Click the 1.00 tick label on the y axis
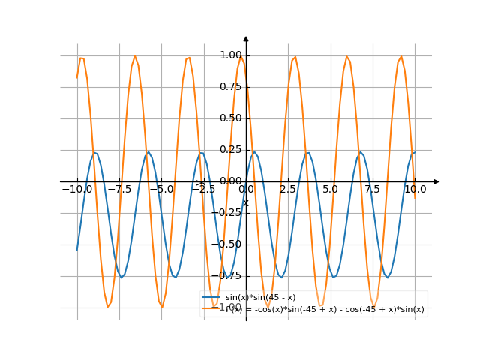coord(231,55)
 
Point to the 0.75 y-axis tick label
coord(231,86)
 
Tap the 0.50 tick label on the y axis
coord(231,118)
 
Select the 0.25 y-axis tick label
coord(231,149)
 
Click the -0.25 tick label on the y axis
coord(229,212)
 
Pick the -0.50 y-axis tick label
coord(229,244)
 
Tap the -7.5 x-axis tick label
coord(119,190)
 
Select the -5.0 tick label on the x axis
coord(161,190)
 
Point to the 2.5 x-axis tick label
coord(288,190)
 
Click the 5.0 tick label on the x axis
coord(330,190)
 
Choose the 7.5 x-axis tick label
coord(373,190)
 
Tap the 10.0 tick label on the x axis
coord(415,190)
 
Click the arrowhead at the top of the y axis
coord(246,37)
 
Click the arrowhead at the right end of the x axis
coord(436,181)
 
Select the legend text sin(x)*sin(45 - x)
coord(260,298)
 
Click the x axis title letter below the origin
coord(245,203)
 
